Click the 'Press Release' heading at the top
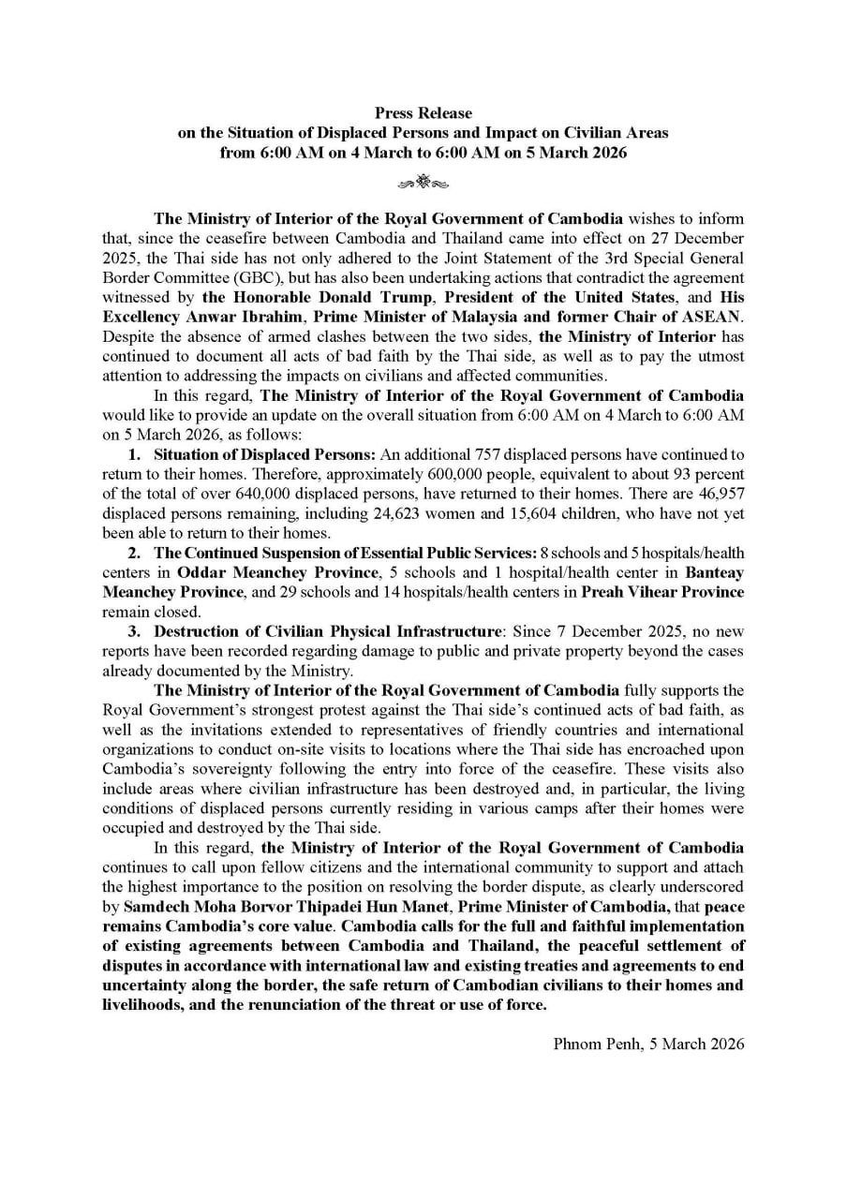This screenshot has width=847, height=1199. tap(423, 113)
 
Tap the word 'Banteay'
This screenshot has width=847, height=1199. tap(714, 572)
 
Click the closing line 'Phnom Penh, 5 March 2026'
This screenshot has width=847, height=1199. tap(648, 1043)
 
